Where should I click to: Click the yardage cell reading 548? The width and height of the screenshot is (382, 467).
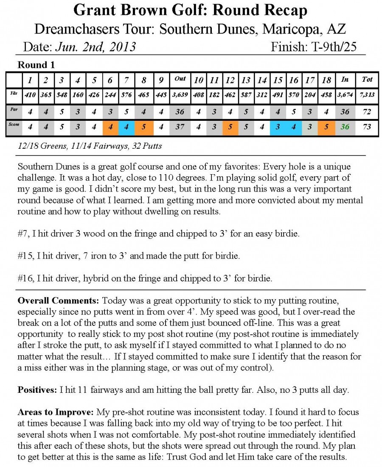point(62,95)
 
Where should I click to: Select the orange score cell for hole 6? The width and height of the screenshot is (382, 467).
point(110,127)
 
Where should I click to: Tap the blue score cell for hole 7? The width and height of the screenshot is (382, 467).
point(126,127)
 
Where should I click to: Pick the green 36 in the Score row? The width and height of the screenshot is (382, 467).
point(345,127)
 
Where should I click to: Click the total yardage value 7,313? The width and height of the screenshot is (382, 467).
point(367,95)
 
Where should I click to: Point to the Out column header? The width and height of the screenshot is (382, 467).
point(180,79)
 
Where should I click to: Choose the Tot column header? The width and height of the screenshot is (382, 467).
point(367,79)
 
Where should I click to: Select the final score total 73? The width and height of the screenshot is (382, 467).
point(367,127)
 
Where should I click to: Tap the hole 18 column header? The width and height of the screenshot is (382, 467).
point(326,79)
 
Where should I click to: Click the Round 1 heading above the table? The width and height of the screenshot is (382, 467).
point(36,65)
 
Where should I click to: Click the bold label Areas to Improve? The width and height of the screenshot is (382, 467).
point(56,412)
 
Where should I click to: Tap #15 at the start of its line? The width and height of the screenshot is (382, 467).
point(25,256)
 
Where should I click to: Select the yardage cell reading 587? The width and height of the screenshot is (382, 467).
point(246,95)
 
